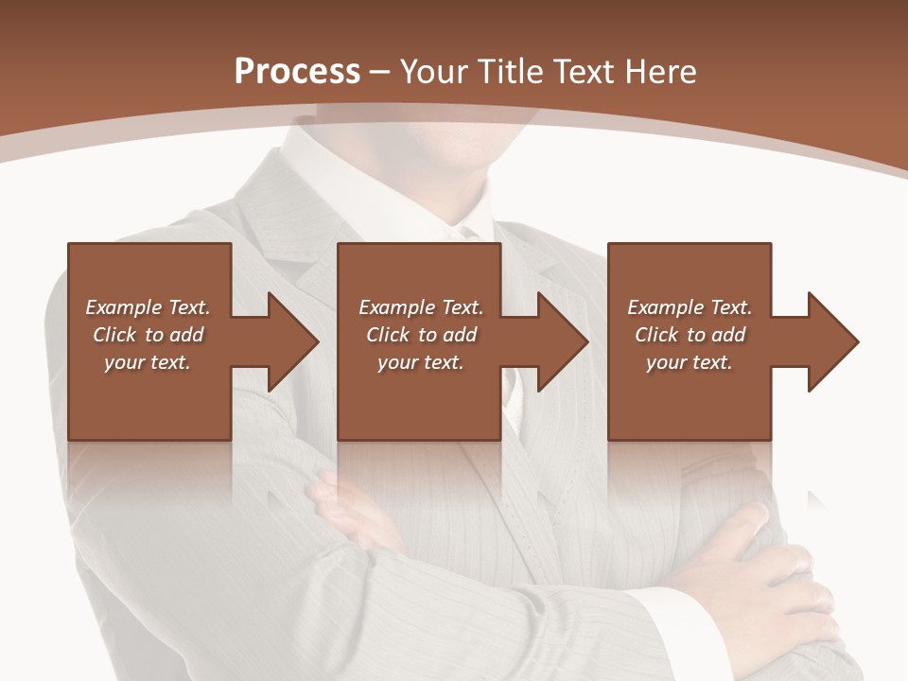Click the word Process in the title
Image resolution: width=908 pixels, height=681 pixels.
(x=297, y=71)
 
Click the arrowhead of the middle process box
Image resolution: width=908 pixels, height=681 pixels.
(x=561, y=341)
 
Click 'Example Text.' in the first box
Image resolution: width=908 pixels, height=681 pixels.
(x=148, y=307)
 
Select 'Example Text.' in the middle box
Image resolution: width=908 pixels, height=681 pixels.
(x=421, y=307)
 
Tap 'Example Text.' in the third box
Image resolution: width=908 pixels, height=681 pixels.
(x=690, y=307)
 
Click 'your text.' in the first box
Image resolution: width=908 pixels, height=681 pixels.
(x=148, y=362)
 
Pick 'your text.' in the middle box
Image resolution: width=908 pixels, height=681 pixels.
(x=421, y=362)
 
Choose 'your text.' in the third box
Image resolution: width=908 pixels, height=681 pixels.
(x=690, y=362)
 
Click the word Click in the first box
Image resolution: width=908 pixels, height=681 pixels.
(x=114, y=335)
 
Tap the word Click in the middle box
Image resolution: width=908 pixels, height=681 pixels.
(x=388, y=335)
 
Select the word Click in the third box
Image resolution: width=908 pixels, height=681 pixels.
(x=656, y=335)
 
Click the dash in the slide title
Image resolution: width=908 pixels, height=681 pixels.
(x=380, y=72)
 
